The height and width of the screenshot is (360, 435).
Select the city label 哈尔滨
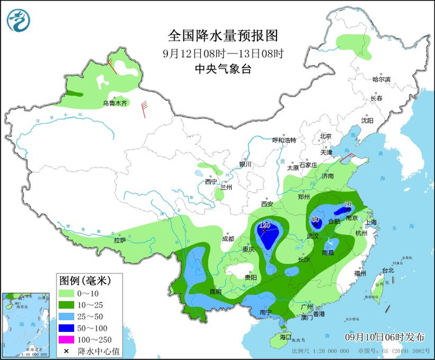tap(381, 80)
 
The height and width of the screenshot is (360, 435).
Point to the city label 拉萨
tap(120, 239)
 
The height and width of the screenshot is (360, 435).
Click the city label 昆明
tap(215, 291)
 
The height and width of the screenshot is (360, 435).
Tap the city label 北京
tap(326, 136)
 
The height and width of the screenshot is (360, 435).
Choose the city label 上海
tap(372, 222)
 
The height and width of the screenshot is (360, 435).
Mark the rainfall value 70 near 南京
tap(348, 204)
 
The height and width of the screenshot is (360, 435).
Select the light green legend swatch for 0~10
tap(70, 292)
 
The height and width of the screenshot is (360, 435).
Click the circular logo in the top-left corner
tap(19, 20)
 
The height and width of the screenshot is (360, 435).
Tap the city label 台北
tap(388, 270)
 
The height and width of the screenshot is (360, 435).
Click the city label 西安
tap(267, 203)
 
